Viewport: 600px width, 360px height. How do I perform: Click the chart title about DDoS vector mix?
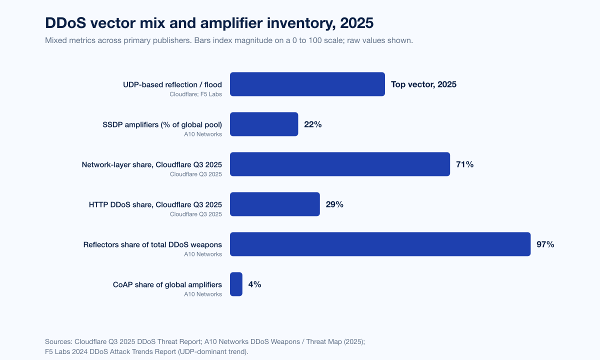coord(209,23)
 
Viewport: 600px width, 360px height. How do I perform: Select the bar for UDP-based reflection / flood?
coord(307,84)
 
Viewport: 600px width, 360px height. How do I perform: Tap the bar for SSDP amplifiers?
coord(264,124)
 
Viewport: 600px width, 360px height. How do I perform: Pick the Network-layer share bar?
coord(340,164)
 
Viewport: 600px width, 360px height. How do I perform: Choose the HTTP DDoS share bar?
coord(274,204)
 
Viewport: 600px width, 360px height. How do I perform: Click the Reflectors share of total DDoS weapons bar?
coord(380,244)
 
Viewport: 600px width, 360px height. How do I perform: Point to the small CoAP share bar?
coord(236,284)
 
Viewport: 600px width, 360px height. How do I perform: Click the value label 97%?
coord(545,244)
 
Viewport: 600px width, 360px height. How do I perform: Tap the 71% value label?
coord(464,164)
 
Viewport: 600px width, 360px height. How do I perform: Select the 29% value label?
coord(334,204)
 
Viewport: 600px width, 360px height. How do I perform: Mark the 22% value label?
coord(312,124)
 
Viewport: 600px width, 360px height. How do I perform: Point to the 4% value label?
coord(254,284)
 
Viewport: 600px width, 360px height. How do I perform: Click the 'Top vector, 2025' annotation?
coord(423,84)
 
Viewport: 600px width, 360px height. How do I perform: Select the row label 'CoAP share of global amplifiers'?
coord(167,285)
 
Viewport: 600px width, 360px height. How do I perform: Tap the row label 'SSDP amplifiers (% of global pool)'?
coord(162,125)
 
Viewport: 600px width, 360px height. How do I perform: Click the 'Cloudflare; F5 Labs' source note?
coord(195,94)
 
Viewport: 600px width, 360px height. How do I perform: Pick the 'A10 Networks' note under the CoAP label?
coord(203,294)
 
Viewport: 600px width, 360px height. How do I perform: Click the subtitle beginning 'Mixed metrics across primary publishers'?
coord(228,40)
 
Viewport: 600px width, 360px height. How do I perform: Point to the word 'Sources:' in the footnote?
coord(58,341)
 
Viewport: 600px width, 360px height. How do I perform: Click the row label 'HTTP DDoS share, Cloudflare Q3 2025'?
coord(155,205)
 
